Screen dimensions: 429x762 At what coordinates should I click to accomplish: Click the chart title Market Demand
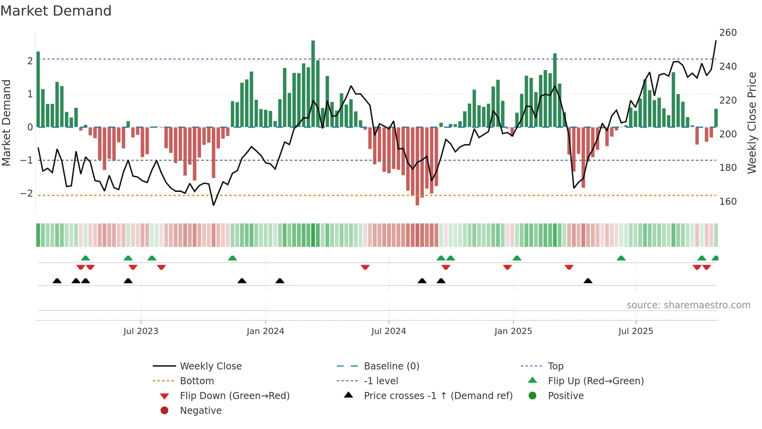[x=56, y=11]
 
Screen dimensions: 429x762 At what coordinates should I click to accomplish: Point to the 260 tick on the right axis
[x=728, y=33]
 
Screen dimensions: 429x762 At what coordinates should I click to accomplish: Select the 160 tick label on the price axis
[x=728, y=202]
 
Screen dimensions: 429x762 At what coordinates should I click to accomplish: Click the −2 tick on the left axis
[x=26, y=193]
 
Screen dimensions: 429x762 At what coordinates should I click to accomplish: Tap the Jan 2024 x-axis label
[x=265, y=331]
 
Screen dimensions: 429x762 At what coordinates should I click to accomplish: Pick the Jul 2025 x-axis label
[x=636, y=331]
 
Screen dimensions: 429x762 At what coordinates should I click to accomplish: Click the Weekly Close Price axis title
[x=752, y=123]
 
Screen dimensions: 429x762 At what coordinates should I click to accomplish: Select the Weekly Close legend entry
[x=210, y=366]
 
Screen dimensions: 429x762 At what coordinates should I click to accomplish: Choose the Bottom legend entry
[x=197, y=381]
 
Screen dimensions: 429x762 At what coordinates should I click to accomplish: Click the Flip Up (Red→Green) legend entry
[x=596, y=381]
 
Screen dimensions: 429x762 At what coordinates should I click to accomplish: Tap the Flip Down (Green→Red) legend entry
[x=234, y=396]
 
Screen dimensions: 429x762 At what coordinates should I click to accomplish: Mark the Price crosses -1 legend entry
[x=438, y=396]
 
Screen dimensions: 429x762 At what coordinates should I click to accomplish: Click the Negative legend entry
[x=201, y=411]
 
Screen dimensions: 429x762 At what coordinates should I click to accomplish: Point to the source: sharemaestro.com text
[x=688, y=305]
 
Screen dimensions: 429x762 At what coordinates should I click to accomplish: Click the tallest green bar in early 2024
[x=313, y=84]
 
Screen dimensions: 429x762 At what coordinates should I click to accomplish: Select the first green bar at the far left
[x=38, y=90]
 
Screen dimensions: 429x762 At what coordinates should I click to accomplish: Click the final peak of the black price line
[x=716, y=41]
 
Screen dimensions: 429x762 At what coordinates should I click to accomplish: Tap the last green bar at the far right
[x=716, y=118]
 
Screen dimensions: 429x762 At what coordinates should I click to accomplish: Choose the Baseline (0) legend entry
[x=391, y=366]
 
